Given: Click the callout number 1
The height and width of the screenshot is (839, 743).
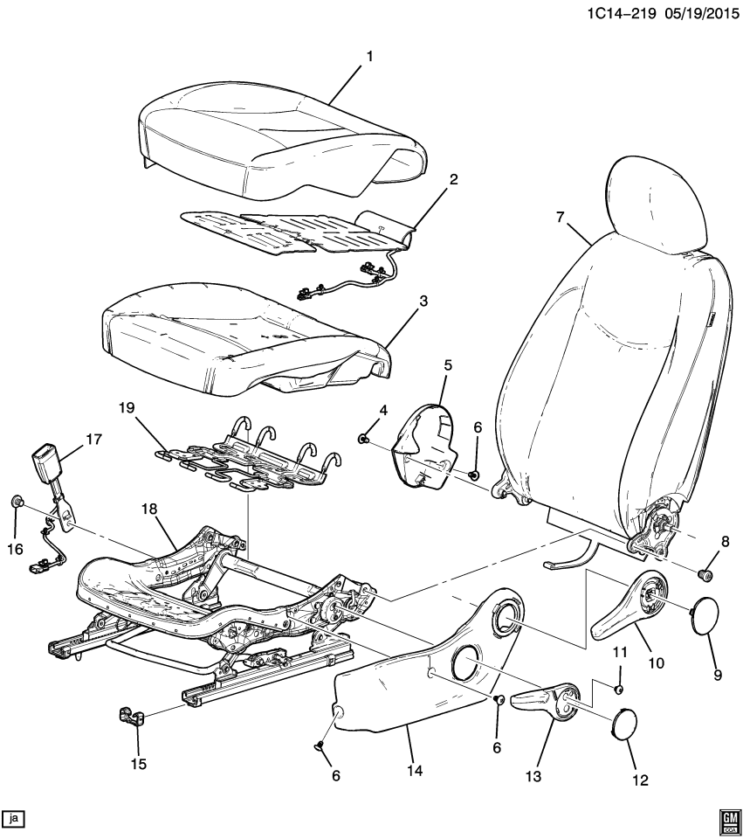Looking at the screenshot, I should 369,57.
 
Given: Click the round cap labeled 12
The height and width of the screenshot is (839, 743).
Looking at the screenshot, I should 622,725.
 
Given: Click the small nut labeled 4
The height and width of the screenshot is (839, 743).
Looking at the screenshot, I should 365,437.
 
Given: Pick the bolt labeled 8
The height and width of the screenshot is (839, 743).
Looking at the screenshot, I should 705,573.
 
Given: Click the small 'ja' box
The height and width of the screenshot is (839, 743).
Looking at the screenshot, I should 15,818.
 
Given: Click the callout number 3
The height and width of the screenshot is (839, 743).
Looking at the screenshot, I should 423,302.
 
